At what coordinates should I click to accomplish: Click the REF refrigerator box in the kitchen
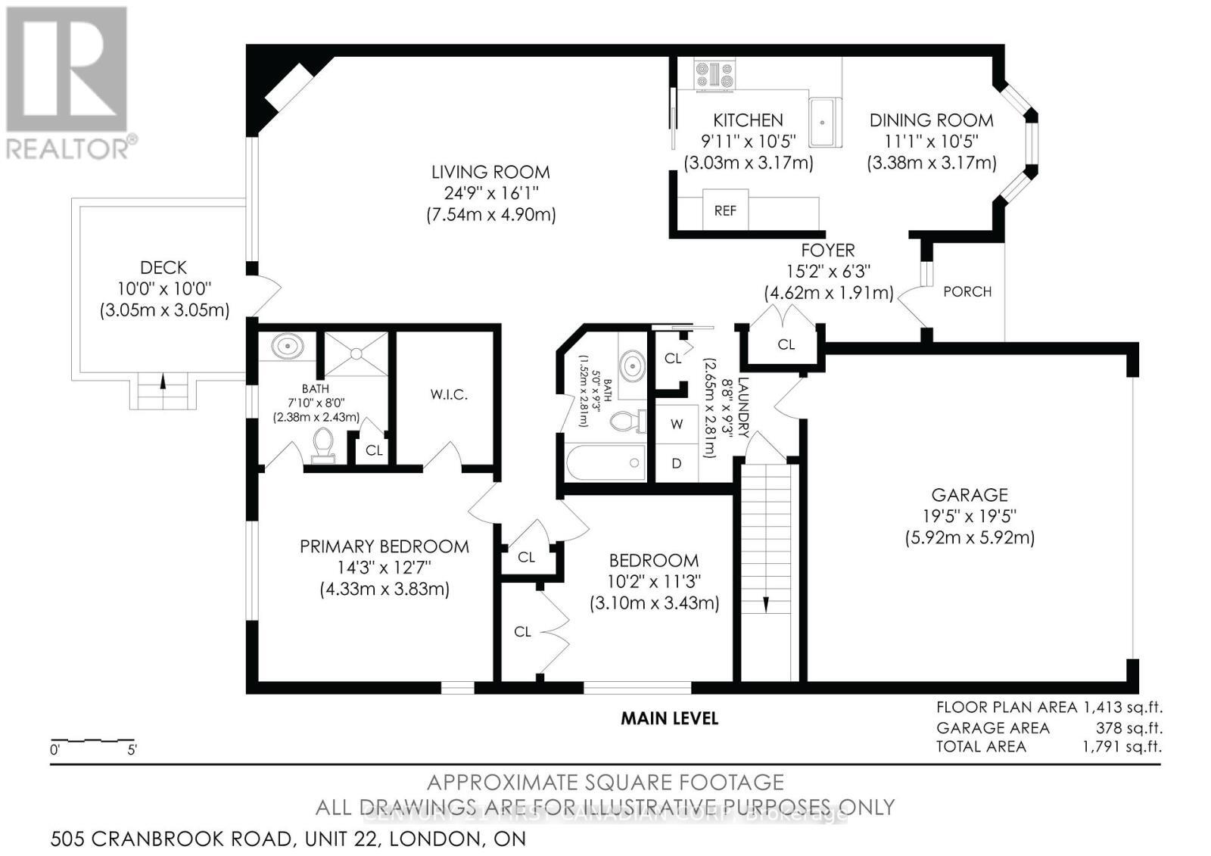[x=725, y=211]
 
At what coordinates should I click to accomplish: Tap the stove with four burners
[x=715, y=76]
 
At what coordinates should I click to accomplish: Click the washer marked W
[x=676, y=425]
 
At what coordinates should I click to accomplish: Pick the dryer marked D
[x=676, y=463]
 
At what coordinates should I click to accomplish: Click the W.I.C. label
[x=448, y=395]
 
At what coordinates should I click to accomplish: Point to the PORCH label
[x=967, y=291]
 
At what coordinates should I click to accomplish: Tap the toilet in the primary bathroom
[x=323, y=445]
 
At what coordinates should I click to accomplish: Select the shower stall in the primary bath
[x=356, y=353]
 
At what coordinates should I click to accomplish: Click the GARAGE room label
[x=969, y=495]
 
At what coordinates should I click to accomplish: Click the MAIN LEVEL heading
[x=669, y=718]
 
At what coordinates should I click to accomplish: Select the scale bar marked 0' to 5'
[x=92, y=742]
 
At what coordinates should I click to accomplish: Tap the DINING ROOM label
[x=931, y=120]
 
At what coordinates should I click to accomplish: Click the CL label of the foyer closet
[x=786, y=344]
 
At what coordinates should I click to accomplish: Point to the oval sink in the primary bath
[x=288, y=347]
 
